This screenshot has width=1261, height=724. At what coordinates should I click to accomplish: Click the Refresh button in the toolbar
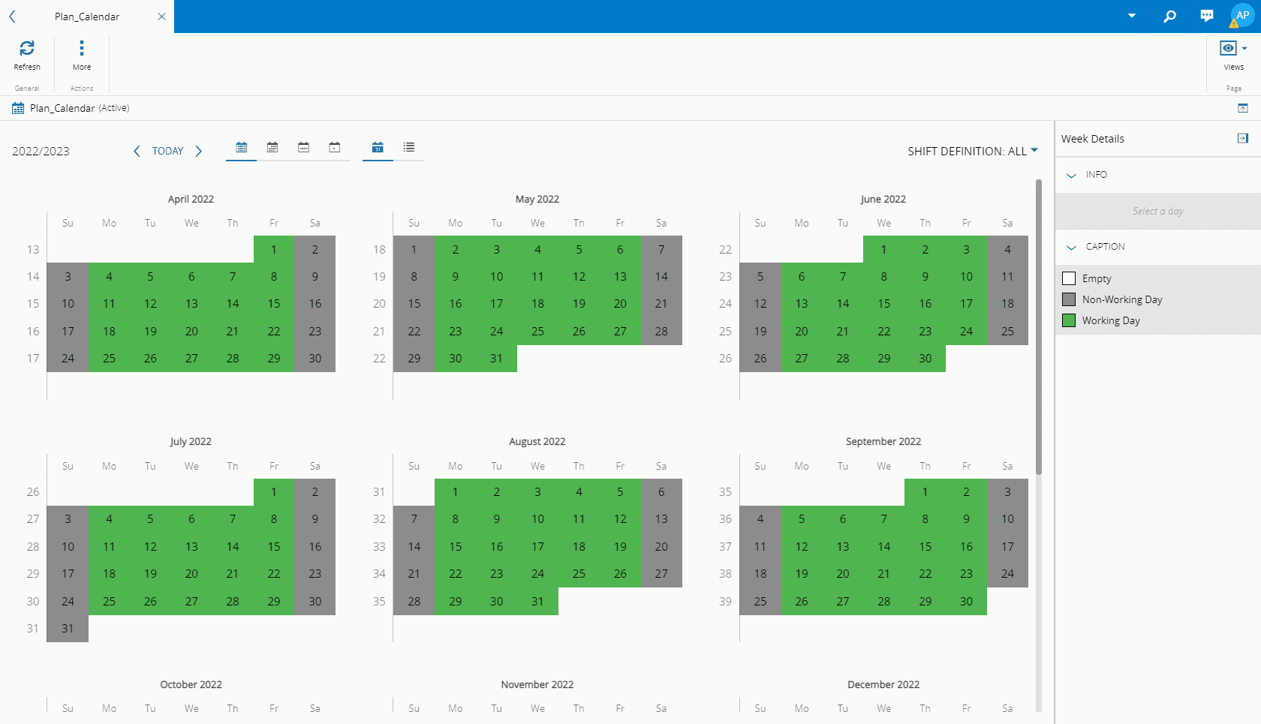[27, 54]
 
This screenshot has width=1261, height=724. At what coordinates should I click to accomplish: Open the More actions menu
[82, 54]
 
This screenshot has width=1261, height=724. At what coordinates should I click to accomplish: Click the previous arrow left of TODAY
[137, 152]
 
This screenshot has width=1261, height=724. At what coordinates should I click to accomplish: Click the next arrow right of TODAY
[199, 152]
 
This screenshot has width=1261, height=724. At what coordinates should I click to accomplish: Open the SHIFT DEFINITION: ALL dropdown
[973, 152]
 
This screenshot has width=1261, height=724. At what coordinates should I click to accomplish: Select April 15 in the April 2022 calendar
[274, 304]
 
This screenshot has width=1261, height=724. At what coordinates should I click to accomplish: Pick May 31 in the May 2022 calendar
[496, 359]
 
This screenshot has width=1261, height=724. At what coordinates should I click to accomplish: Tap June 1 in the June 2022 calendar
[884, 250]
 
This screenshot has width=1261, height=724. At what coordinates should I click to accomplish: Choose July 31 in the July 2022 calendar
[68, 629]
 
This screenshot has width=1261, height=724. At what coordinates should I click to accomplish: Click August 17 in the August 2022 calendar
[537, 547]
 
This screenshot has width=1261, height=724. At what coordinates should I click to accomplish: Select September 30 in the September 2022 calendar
[966, 602]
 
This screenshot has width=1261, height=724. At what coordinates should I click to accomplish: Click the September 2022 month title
[883, 442]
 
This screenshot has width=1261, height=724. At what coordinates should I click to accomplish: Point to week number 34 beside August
[379, 574]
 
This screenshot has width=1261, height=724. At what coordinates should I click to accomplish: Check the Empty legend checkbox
[1070, 278]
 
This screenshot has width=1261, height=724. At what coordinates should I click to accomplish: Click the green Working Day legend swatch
[1070, 320]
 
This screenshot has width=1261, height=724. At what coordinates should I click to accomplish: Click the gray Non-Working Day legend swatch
[1070, 299]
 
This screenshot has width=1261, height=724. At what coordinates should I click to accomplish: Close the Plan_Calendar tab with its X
[161, 17]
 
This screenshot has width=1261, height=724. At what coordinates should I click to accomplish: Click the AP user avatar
[1242, 15]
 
